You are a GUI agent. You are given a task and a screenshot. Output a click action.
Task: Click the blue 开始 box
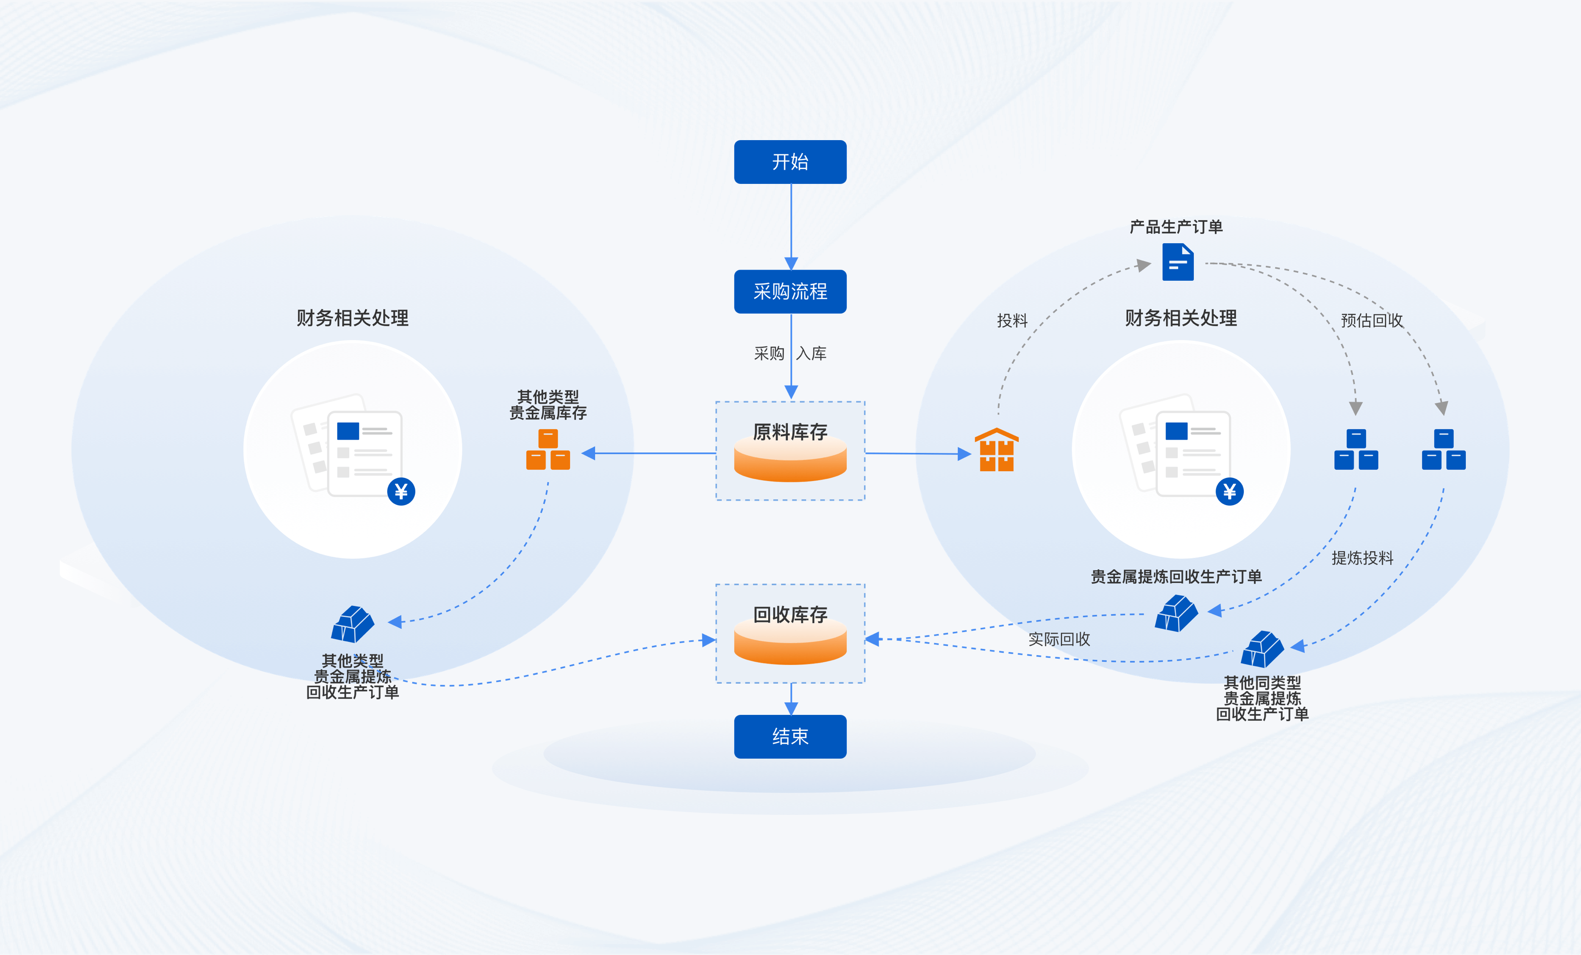pyautogui.click(x=790, y=162)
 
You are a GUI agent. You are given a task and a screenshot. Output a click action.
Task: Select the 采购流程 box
pyautogui.click(x=790, y=291)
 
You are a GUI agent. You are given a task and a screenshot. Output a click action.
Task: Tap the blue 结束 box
pyautogui.click(x=790, y=736)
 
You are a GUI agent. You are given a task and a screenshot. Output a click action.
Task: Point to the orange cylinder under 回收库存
pyautogui.click(x=790, y=644)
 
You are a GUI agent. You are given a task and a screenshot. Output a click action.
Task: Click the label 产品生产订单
pyautogui.click(x=1176, y=227)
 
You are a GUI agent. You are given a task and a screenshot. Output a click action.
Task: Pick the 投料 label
pyautogui.click(x=1012, y=320)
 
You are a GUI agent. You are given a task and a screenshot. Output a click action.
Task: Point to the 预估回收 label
pyautogui.click(x=1372, y=320)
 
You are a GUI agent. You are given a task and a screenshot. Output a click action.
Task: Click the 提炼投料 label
pyautogui.click(x=1362, y=558)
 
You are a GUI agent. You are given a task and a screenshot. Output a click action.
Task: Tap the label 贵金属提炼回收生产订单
pyautogui.click(x=1176, y=576)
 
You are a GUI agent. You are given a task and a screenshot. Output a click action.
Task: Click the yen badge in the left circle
pyautogui.click(x=401, y=492)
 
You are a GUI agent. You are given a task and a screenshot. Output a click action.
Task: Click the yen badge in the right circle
pyautogui.click(x=1229, y=492)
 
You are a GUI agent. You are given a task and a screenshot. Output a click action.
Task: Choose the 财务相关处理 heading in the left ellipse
pyautogui.click(x=352, y=318)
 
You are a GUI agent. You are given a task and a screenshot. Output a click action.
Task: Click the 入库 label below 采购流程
pyautogui.click(x=811, y=353)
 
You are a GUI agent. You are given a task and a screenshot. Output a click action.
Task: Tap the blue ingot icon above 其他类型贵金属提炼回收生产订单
pyautogui.click(x=352, y=624)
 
